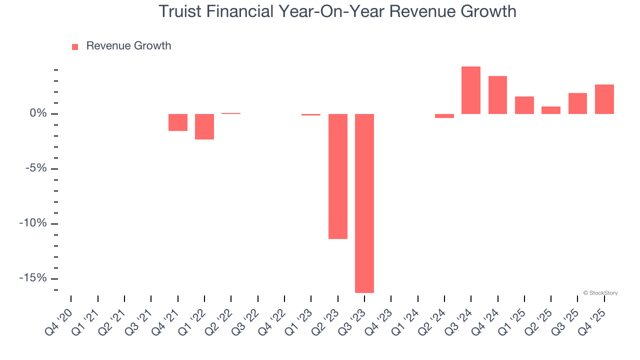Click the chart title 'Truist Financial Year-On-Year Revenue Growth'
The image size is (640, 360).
tap(337, 11)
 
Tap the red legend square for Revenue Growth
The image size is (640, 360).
tap(75, 46)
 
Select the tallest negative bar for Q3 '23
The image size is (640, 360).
tap(364, 203)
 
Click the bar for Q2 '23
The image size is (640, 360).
tap(337, 176)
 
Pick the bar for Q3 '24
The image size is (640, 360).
tap(471, 90)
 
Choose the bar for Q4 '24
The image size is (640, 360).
tap(497, 95)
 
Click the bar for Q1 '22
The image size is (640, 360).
tap(204, 126)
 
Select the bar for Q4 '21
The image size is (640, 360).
tap(178, 122)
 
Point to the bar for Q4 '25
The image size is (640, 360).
tap(604, 99)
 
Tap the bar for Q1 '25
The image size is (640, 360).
tap(524, 105)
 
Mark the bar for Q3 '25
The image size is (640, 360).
tap(577, 103)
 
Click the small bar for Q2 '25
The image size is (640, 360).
tap(551, 110)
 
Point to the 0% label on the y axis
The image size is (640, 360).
tap(38, 113)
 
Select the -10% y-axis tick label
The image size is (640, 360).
tap(32, 223)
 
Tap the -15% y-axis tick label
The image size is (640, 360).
tap(32, 278)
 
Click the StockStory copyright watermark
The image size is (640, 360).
tap(600, 293)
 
